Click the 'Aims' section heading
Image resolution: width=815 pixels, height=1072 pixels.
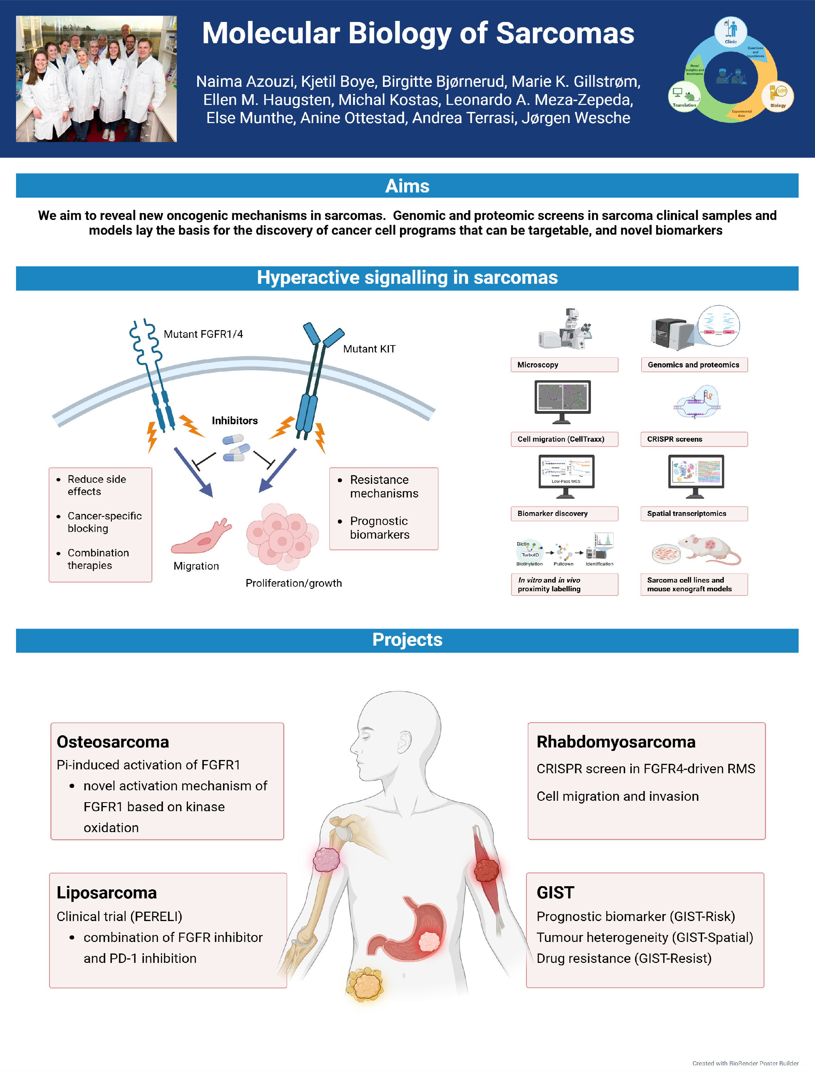point(407,186)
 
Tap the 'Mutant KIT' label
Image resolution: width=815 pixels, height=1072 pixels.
point(369,349)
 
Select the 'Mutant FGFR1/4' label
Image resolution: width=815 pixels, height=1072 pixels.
point(203,334)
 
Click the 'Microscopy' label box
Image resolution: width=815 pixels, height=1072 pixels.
point(564,364)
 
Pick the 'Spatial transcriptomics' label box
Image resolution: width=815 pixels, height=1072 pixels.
point(694,514)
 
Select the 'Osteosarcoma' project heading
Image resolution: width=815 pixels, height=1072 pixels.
point(113,742)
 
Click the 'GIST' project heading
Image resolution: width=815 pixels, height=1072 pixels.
point(555,892)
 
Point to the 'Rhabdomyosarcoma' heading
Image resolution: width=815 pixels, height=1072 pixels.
point(616,742)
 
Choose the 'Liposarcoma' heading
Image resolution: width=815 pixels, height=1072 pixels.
point(107,892)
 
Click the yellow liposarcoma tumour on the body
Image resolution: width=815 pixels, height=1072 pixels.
point(365,984)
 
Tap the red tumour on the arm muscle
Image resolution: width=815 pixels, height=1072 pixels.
point(486,870)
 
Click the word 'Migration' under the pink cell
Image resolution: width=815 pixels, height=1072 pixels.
point(196,566)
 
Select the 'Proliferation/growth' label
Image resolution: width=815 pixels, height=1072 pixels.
point(293,583)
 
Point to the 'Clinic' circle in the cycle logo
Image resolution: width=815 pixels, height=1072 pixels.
point(730,31)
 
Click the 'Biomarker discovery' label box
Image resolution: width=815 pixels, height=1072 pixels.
point(564,514)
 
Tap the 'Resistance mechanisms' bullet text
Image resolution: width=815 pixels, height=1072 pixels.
point(384,486)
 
